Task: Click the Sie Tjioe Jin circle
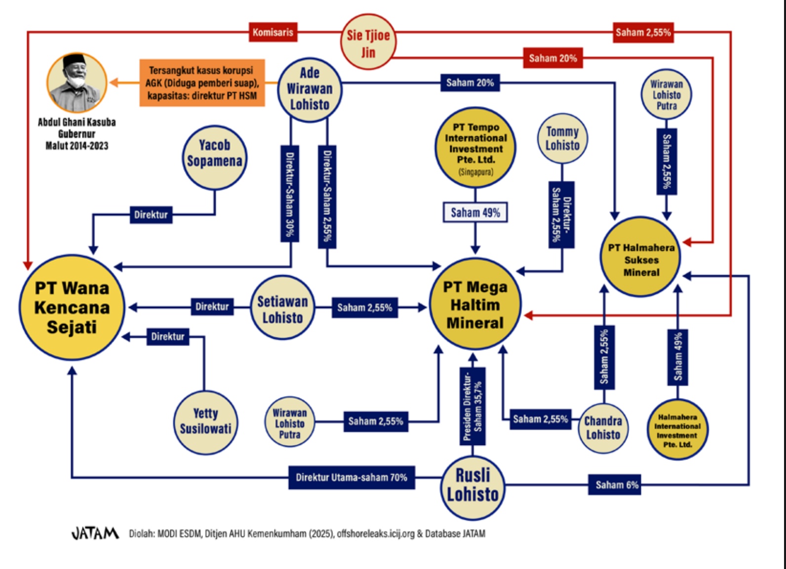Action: pos(368,42)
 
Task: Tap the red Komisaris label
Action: pos(273,33)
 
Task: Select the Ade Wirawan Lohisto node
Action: pos(310,89)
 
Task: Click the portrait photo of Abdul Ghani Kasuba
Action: pos(77,82)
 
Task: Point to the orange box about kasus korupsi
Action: pos(202,83)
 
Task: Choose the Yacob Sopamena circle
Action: pos(214,157)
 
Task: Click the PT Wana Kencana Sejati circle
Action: pos(72,307)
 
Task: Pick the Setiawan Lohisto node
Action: pos(282,308)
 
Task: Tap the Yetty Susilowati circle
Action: pos(205,422)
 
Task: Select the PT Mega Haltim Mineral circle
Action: pos(475,304)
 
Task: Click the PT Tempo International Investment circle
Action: pos(475,148)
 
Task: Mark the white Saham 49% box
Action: pos(475,212)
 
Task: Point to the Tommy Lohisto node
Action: pos(562,138)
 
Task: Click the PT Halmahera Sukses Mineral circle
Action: pos(641,257)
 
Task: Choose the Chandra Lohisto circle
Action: pos(603,428)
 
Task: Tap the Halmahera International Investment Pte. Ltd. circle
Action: pos(677,430)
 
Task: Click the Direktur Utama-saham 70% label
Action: pos(352,478)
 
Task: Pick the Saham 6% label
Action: pos(616,485)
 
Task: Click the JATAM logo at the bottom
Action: pos(95,533)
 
